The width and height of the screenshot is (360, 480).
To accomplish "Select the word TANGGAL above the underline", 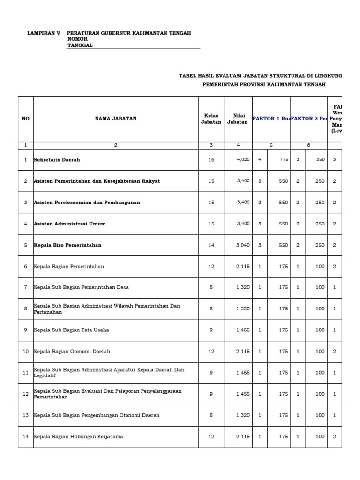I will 80,45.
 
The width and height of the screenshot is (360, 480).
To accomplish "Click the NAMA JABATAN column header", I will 116,119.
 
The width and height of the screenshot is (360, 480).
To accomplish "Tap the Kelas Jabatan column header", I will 211,119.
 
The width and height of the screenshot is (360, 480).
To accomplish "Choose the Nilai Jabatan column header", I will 237,119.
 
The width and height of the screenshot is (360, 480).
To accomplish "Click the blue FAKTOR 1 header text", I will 271,119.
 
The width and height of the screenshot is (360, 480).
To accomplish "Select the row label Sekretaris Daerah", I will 57,160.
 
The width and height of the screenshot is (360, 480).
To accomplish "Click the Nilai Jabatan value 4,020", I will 243,160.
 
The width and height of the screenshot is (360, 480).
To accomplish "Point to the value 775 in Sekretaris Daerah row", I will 283,160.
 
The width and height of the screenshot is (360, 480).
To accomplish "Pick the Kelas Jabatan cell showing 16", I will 211,160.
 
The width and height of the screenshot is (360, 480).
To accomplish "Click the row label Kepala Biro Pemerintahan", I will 67,245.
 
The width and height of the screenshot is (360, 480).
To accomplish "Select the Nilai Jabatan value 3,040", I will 243,245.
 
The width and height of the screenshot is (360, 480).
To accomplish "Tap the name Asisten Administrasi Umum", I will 70,224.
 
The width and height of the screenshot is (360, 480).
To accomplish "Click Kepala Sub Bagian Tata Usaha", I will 71,330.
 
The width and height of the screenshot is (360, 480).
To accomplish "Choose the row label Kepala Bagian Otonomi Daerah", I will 72,351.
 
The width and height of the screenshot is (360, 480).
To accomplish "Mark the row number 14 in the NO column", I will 25,436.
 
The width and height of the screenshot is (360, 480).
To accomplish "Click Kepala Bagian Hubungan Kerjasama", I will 78,436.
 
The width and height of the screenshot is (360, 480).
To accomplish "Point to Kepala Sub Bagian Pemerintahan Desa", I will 81,287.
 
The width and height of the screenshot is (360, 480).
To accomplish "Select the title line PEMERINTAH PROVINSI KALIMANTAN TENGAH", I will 264,84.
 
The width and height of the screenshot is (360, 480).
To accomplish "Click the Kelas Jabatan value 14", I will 211,245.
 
